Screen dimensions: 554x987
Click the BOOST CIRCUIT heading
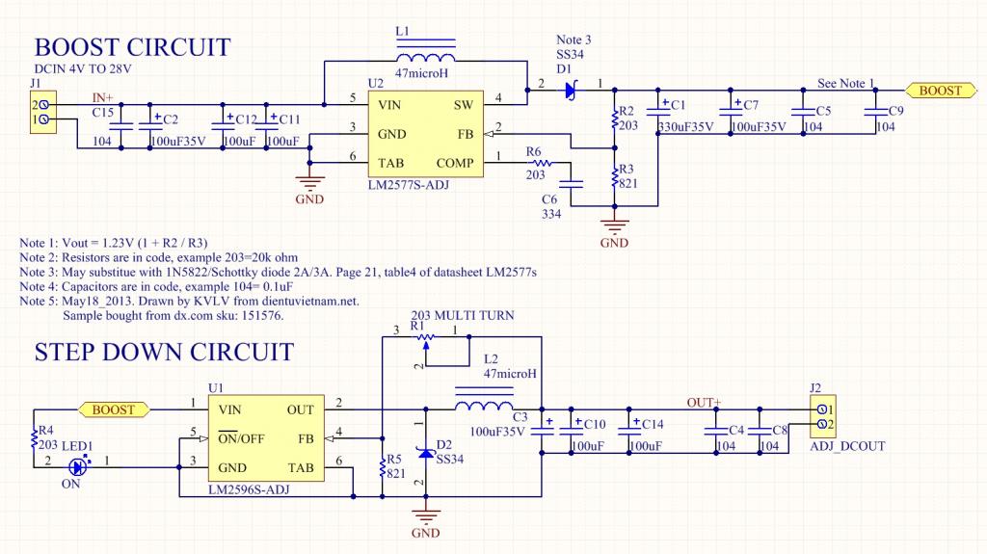132,47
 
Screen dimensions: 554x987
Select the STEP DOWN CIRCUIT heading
164,351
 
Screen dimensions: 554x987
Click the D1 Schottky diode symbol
570,91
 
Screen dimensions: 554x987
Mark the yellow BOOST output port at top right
940,91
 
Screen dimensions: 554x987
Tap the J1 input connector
41,112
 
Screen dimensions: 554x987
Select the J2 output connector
824,417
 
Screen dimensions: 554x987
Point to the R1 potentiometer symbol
424,336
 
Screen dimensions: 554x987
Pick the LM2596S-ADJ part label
249,491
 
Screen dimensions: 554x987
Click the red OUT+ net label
704,402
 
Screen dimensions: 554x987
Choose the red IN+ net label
102,98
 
